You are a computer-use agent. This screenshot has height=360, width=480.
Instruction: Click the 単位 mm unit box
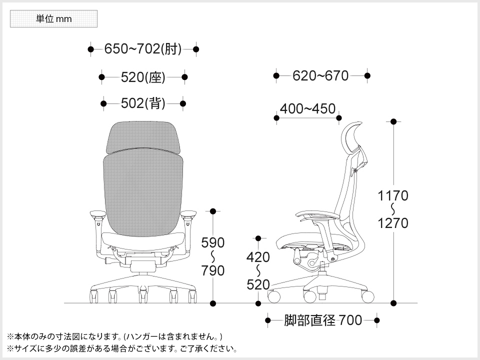[53, 19]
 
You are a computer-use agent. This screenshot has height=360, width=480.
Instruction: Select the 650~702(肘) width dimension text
[143, 49]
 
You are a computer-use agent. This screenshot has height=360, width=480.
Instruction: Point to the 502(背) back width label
[143, 103]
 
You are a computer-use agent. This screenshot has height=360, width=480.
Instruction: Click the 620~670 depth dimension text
[320, 75]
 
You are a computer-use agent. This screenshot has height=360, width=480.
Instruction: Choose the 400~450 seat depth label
[307, 109]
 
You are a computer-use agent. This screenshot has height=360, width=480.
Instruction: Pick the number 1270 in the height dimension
[393, 223]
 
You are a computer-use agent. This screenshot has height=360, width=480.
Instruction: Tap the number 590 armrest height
[213, 243]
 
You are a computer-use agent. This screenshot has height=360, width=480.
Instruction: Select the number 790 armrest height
[213, 271]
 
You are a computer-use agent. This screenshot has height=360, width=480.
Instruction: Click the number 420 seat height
[258, 257]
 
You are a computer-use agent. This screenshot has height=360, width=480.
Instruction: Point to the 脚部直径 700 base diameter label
[323, 320]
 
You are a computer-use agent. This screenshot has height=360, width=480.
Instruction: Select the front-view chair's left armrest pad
[97, 215]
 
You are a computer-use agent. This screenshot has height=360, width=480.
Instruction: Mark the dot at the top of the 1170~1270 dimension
[393, 121]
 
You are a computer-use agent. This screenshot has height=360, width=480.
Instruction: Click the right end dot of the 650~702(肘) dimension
[196, 49]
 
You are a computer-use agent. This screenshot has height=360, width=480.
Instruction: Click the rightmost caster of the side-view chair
[368, 296]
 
